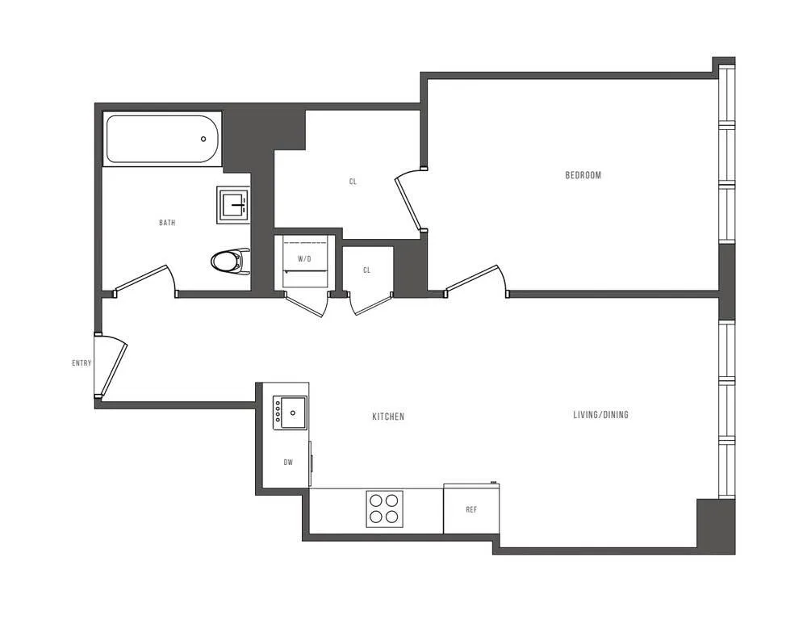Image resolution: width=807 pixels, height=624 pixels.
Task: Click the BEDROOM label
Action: [583, 175]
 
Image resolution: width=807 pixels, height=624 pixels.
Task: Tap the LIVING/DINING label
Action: [600, 415]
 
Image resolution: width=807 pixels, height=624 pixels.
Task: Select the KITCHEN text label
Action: [387, 417]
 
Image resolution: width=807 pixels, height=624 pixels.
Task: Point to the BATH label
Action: [167, 223]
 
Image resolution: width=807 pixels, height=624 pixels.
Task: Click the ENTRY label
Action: [82, 363]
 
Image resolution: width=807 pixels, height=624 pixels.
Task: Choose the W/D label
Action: [304, 259]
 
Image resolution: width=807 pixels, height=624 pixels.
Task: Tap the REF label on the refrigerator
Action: [471, 510]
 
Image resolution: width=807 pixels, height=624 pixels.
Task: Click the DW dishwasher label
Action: [287, 463]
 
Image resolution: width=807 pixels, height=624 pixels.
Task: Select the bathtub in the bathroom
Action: [162, 139]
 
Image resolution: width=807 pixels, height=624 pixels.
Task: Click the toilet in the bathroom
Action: [229, 261]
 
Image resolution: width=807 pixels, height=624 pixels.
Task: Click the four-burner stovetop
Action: [384, 509]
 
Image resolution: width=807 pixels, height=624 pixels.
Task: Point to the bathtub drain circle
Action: [203, 138]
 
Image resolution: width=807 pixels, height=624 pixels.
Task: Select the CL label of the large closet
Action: [353, 182]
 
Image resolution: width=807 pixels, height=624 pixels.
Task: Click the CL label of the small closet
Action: [366, 270]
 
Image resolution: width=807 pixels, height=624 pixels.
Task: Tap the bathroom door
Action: [144, 278]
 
